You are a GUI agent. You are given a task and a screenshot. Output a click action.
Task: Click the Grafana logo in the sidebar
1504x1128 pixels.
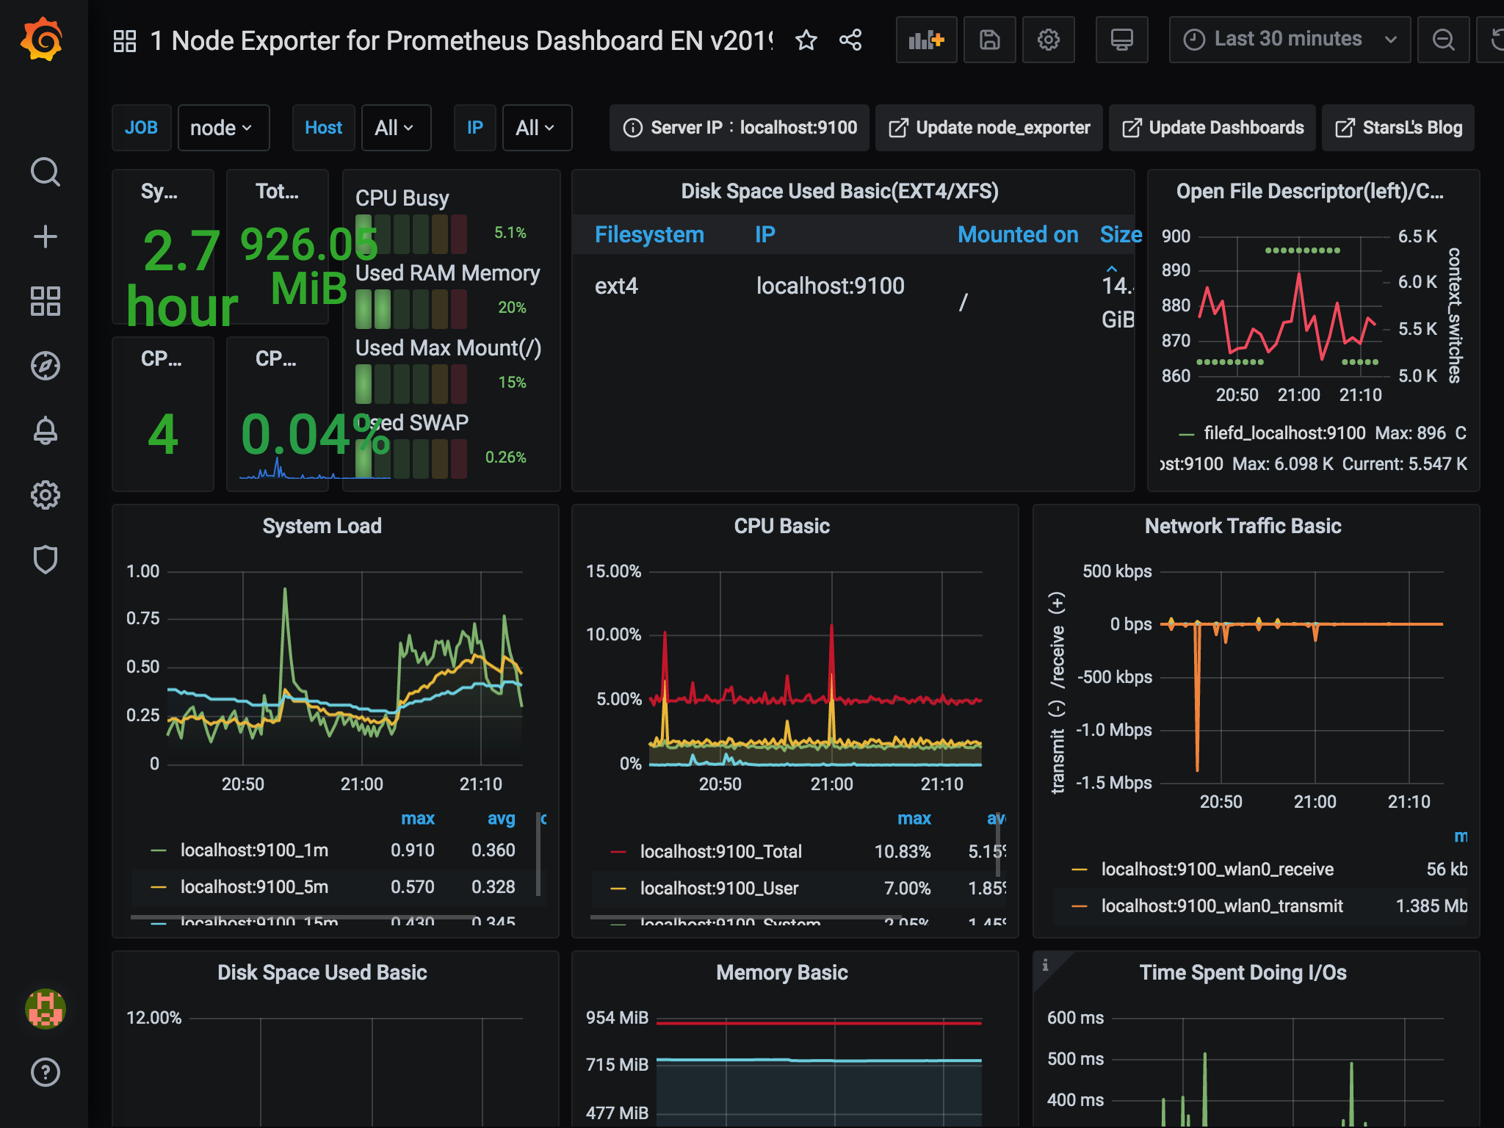[43, 40]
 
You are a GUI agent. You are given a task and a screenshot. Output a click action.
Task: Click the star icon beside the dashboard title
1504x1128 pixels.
[806, 40]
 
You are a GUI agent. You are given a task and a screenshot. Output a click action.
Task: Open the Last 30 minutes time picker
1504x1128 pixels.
[1289, 40]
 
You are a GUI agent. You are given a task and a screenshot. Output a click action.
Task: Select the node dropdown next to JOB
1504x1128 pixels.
[223, 128]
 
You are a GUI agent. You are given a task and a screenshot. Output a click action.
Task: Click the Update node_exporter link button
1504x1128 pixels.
[989, 128]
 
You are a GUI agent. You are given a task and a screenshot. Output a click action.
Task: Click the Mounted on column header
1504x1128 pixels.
[1017, 234]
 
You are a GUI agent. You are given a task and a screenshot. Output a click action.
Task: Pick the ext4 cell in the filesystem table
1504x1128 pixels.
[616, 286]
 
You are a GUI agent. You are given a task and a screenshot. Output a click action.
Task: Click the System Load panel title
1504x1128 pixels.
[322, 526]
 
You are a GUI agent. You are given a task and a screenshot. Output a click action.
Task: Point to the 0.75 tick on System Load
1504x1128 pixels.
[142, 618]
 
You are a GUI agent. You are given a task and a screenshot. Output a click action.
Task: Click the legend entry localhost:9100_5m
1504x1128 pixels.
[254, 887]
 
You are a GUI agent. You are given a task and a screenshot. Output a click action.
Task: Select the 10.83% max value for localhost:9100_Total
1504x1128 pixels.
[902, 852]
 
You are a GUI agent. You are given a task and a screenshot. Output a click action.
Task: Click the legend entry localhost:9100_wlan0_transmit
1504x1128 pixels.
[1221, 906]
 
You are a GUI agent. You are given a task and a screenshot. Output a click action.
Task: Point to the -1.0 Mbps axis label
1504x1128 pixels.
[1113, 730]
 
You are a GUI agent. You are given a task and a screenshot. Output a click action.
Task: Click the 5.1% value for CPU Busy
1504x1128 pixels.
[510, 233]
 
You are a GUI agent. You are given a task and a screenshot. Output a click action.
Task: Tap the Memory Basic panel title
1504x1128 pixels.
[781, 972]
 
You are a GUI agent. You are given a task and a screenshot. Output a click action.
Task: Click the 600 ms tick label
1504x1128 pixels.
[1075, 1018]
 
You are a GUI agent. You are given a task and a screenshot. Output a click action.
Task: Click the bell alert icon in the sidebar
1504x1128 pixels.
[46, 430]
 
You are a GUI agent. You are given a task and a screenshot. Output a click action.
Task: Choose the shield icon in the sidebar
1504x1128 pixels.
[46, 560]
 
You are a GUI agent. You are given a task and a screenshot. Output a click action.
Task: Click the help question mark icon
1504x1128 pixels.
[46, 1072]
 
